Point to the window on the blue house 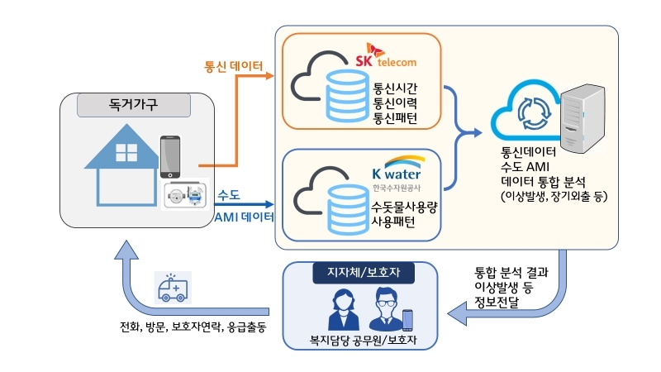(x=126, y=153)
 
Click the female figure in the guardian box (x=340, y=310)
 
